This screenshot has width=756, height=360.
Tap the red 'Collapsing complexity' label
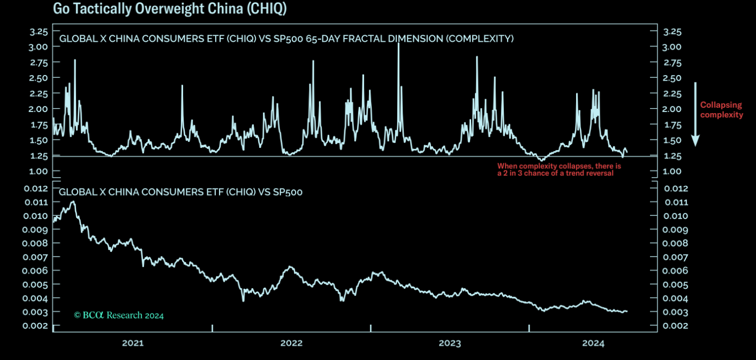[721, 110]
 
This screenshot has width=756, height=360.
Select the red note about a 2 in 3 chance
[559, 170]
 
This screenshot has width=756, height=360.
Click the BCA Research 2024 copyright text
[119, 315]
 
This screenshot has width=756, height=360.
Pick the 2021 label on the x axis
[133, 343]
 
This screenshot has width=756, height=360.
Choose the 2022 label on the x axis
[291, 343]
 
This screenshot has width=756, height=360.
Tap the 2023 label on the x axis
[450, 343]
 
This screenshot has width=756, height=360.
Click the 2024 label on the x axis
[593, 343]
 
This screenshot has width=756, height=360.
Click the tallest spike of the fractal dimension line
[398, 43]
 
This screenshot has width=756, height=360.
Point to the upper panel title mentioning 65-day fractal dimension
[286, 39]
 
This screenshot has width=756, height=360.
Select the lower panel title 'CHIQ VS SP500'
[180, 192]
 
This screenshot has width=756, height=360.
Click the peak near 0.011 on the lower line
[73, 202]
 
